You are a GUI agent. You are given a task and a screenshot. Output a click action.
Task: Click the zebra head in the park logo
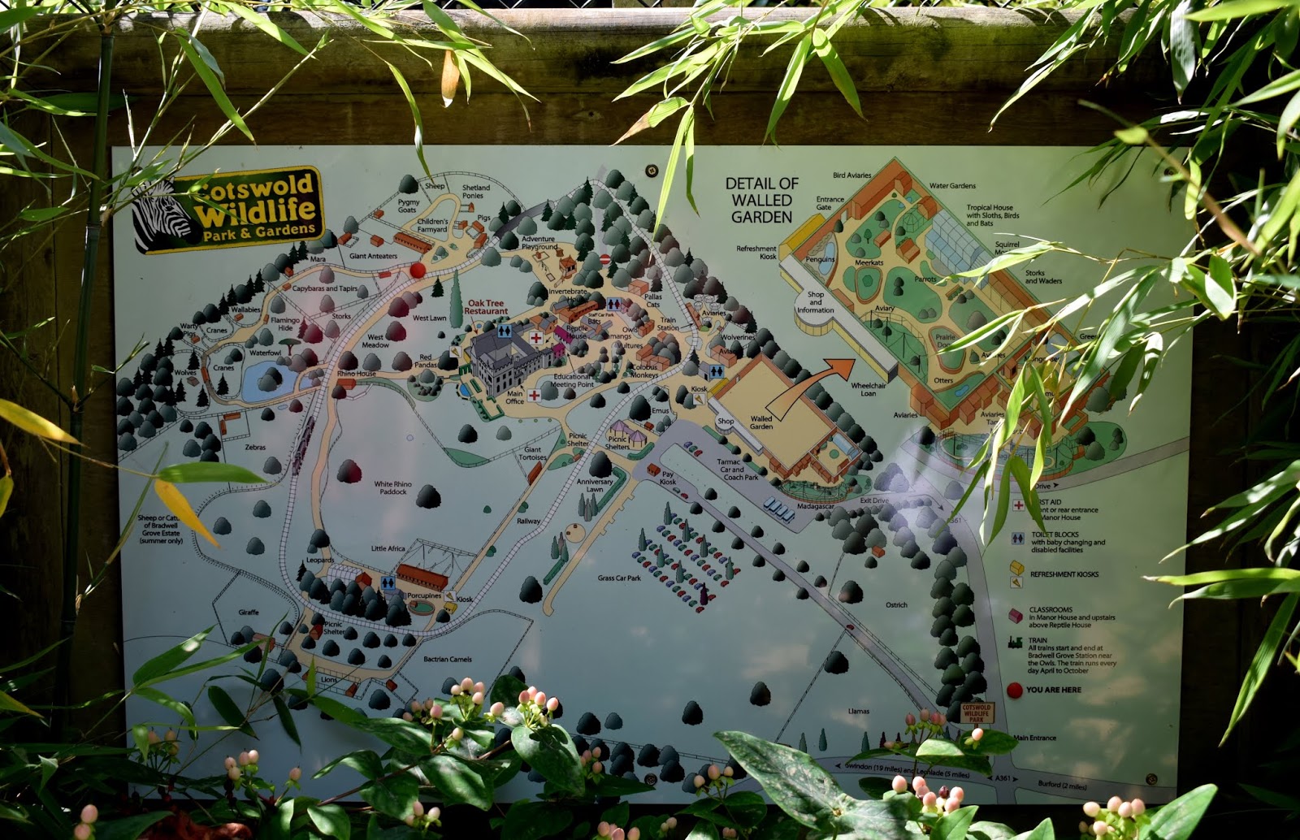[161, 215]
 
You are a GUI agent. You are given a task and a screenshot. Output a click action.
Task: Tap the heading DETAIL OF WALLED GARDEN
[761, 201]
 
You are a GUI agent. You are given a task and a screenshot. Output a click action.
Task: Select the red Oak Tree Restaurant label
[486, 307]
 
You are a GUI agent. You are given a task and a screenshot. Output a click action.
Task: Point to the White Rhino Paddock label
[392, 487]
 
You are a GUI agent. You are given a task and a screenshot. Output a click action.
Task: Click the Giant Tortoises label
[533, 453]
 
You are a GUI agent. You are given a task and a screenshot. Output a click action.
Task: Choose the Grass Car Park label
[619, 578]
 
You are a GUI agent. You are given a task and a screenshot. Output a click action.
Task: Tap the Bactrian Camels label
[447, 659]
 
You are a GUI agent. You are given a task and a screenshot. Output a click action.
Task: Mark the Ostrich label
[896, 605]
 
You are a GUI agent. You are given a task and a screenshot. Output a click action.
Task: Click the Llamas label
[859, 711]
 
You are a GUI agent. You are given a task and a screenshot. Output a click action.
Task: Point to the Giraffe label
[249, 612]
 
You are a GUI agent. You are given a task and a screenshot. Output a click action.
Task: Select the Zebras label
[255, 447]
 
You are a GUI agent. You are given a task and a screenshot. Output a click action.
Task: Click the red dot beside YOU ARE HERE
[1014, 691]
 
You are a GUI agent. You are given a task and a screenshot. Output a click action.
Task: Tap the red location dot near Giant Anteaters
[418, 270]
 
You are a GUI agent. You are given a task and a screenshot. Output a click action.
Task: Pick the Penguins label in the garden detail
[820, 259]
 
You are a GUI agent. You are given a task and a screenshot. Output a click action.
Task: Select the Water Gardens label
[952, 186]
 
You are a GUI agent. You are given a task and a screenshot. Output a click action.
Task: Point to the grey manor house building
[504, 357]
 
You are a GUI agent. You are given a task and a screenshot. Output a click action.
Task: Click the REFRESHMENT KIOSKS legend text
[1064, 574]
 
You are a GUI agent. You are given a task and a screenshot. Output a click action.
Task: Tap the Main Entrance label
[1034, 738]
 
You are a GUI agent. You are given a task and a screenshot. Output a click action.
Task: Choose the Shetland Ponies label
[475, 192]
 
